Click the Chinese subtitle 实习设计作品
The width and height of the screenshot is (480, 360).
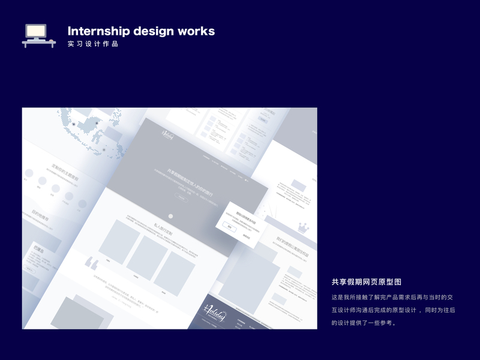93,44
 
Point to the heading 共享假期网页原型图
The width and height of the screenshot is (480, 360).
366,282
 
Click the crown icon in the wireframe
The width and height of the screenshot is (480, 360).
303,229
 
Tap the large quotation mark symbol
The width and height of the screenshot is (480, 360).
92,263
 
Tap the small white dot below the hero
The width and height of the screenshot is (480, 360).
171,215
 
